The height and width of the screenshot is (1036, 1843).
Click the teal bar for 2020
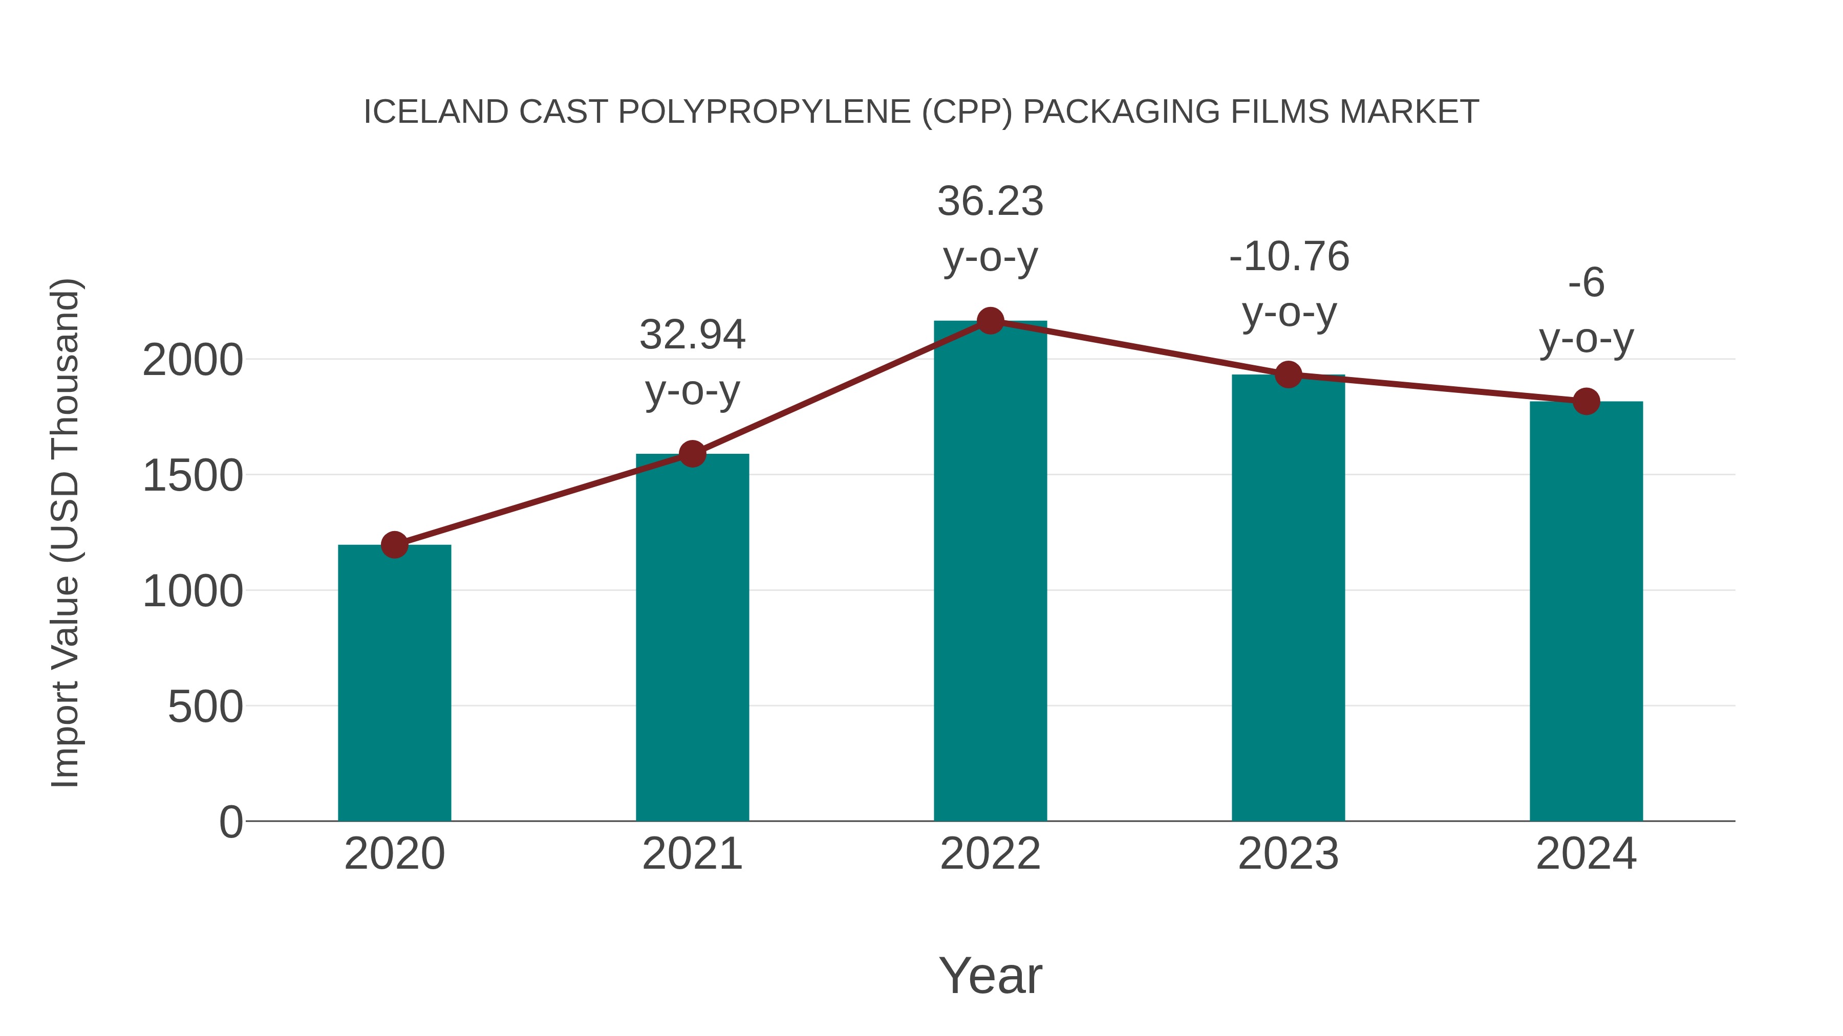pos(394,683)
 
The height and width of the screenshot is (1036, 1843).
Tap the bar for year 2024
pos(1586,611)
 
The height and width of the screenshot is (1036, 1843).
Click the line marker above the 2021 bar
pos(692,453)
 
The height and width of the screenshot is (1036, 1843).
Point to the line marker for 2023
pos(1288,374)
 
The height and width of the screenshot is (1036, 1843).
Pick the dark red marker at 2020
pos(394,545)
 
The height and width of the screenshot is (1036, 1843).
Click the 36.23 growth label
pos(990,201)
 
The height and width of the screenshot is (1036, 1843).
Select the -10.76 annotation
pos(1289,257)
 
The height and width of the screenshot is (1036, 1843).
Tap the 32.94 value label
pos(692,335)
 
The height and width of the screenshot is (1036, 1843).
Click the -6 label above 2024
pos(1586,282)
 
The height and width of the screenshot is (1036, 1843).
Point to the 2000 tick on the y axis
pos(192,360)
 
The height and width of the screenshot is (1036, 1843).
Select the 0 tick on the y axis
pos(230,822)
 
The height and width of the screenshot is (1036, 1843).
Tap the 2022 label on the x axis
pos(990,854)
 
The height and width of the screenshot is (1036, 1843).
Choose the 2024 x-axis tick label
pos(1586,854)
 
